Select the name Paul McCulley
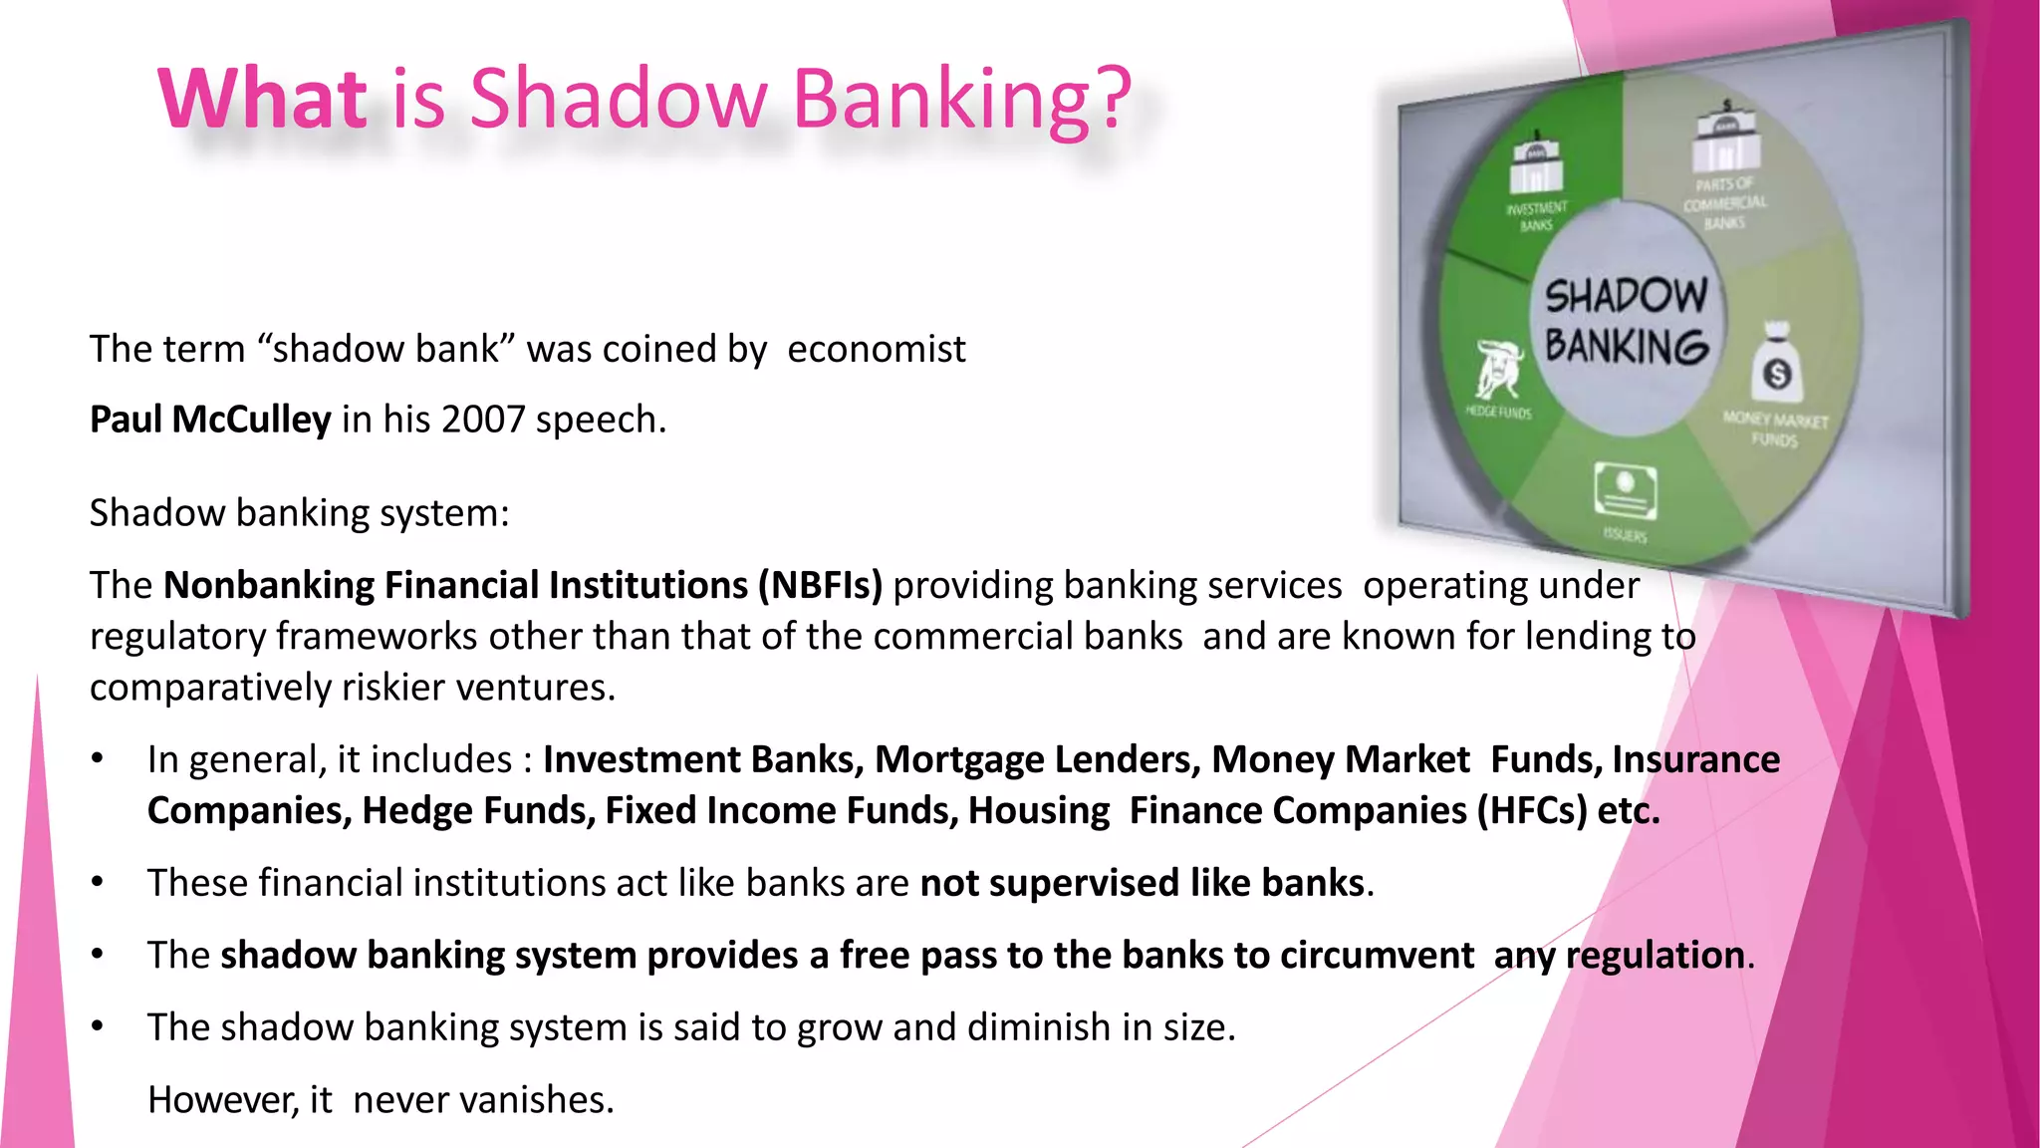click(x=210, y=420)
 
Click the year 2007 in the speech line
click(x=482, y=420)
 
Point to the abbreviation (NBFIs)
click(x=820, y=585)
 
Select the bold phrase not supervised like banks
click(x=1142, y=884)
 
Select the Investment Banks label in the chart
click(x=1537, y=216)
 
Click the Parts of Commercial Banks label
click(x=1724, y=203)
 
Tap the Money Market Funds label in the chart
click(x=1775, y=430)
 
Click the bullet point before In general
click(x=98, y=760)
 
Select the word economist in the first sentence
click(x=876, y=350)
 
